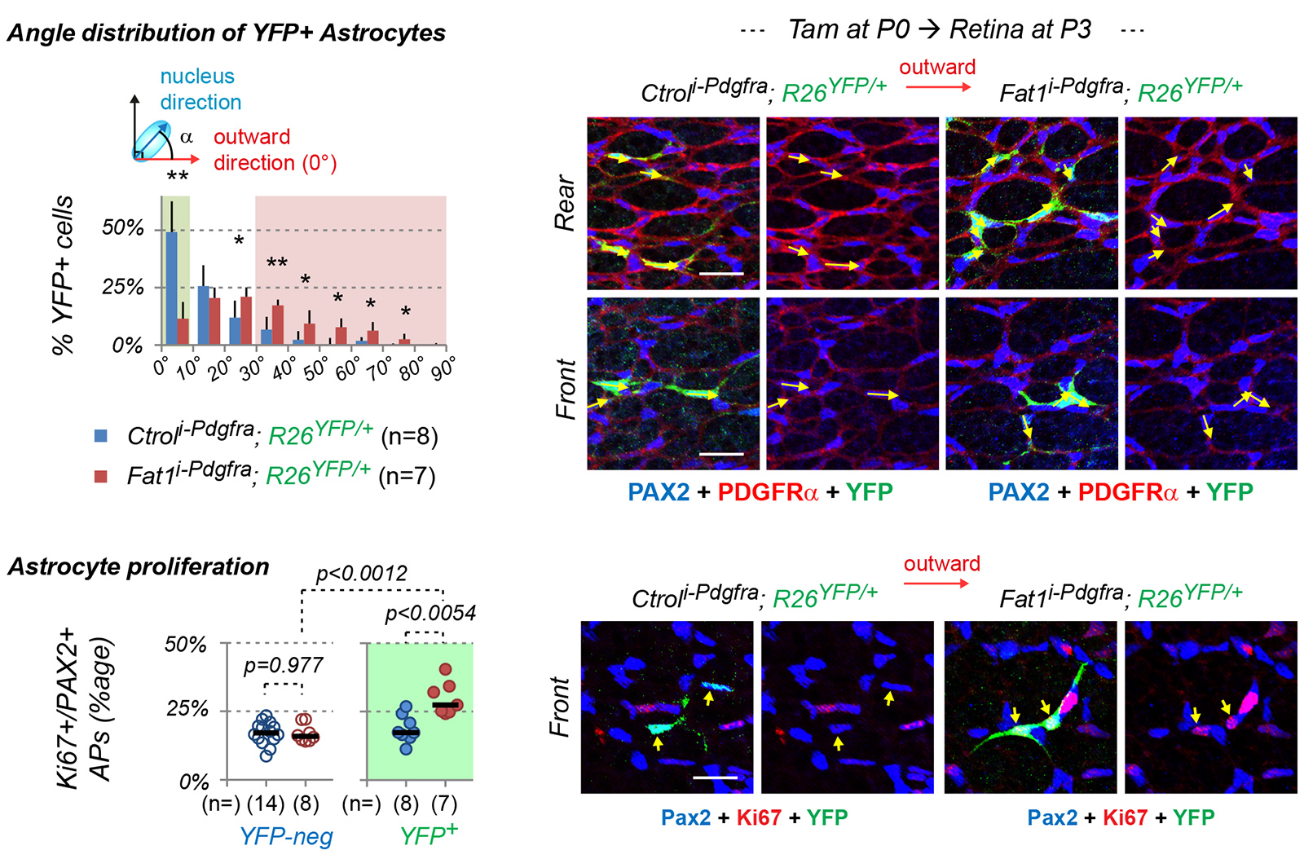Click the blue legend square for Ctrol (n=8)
pos(101,435)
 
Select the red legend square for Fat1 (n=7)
pos(101,476)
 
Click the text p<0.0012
pos(361,573)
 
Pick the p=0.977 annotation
pos(283,665)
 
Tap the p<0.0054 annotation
pos(430,613)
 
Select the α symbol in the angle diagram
pos(187,136)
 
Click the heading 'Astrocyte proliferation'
pos(139,566)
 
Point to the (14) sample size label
pos(266,804)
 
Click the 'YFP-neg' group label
pos(286,836)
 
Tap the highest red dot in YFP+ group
pos(445,669)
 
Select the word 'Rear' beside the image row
pos(565,203)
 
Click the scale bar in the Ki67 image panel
pos(715,778)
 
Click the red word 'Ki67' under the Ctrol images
pos(758,817)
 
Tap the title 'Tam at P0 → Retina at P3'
pos(939,30)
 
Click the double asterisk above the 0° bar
pos(178,177)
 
